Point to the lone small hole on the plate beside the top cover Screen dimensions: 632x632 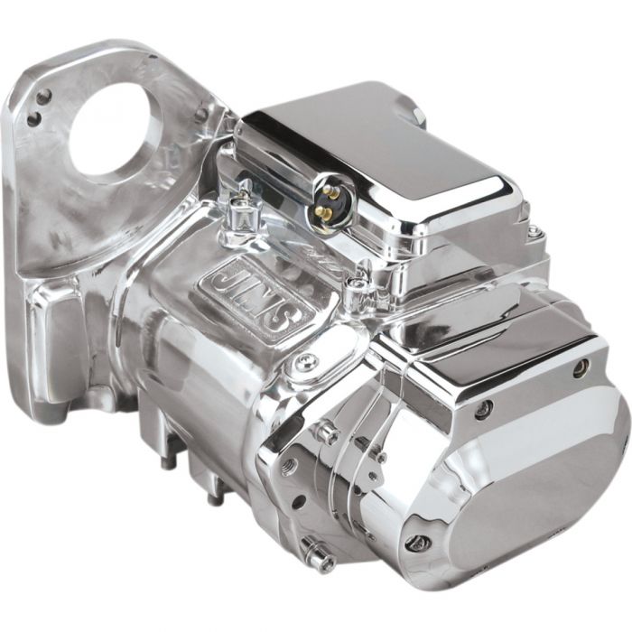click(x=200, y=114)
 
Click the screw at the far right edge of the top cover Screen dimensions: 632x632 click(x=536, y=233)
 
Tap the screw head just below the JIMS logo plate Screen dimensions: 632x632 click(x=302, y=363)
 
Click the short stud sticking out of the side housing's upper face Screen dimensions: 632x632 click(x=324, y=432)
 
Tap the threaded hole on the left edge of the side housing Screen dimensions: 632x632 click(x=286, y=467)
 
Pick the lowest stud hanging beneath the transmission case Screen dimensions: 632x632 click(x=213, y=496)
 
